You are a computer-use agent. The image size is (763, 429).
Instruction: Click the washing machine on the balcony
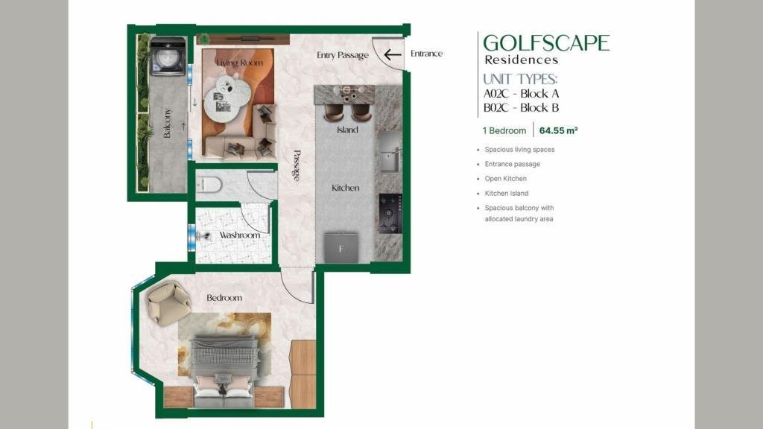pyautogui.click(x=168, y=56)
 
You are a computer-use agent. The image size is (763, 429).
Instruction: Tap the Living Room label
pyautogui.click(x=239, y=63)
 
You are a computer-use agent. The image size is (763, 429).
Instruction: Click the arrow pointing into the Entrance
pyautogui.click(x=392, y=54)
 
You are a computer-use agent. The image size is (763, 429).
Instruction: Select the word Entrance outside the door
pyautogui.click(x=427, y=54)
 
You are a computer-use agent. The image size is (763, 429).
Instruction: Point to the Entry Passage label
pyautogui.click(x=343, y=55)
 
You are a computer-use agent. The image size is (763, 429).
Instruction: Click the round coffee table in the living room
pyautogui.click(x=228, y=97)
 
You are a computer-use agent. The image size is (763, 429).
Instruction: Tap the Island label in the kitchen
pyautogui.click(x=347, y=130)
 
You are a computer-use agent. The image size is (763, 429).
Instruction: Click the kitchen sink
pyautogui.click(x=390, y=152)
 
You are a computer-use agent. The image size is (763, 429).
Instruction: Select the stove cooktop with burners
pyautogui.click(x=390, y=213)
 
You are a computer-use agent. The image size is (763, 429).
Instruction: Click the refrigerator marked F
pyautogui.click(x=341, y=248)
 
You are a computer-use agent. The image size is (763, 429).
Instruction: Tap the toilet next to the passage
pyautogui.click(x=209, y=185)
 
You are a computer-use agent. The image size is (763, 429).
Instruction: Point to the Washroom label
pyautogui.click(x=239, y=235)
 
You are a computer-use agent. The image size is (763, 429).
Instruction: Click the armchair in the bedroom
pyautogui.click(x=168, y=303)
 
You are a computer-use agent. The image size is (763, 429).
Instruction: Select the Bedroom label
pyautogui.click(x=224, y=298)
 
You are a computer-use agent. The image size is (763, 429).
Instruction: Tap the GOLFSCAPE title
pyautogui.click(x=546, y=42)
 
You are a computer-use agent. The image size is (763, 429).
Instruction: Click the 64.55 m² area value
pyautogui.click(x=558, y=130)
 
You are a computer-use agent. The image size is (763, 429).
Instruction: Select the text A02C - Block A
pyautogui.click(x=521, y=93)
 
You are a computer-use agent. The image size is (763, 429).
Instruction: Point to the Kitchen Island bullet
pyautogui.click(x=506, y=193)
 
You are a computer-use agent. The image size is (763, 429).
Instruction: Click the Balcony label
pyautogui.click(x=168, y=123)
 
